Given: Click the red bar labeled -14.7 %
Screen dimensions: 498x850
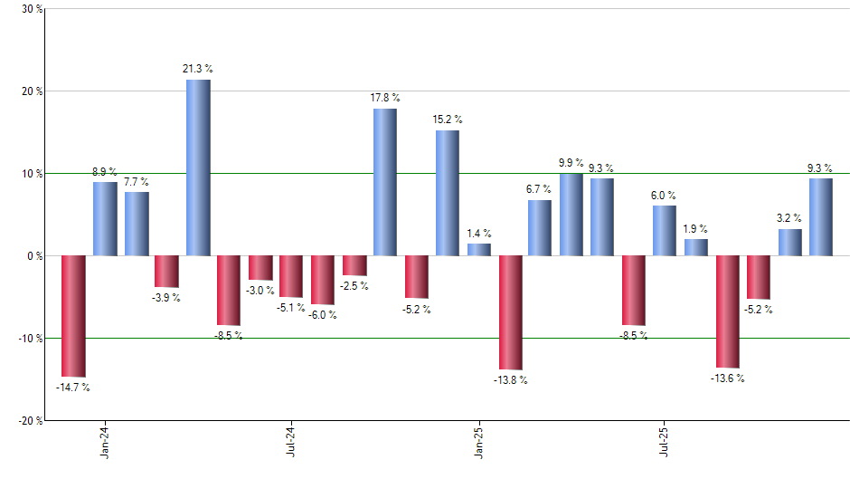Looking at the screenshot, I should point(73,315).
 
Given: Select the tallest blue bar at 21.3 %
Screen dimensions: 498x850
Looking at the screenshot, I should point(198,168).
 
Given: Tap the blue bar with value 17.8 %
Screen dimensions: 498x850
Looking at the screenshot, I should point(385,182).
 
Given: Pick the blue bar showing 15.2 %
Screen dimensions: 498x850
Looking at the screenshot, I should point(448,193).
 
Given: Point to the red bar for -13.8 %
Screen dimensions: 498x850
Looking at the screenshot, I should point(510,311).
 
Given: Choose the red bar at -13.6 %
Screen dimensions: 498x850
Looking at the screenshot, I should point(728,311).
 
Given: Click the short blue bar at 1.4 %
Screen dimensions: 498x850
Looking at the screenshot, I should point(479,250).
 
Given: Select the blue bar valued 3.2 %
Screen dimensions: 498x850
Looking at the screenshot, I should point(790,242).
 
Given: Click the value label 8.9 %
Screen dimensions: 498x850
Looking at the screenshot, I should point(105,171).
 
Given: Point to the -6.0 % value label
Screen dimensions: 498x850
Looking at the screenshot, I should point(323,315).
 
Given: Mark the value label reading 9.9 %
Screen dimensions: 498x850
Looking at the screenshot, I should point(571,162).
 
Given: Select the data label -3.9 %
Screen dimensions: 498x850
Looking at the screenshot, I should point(166,298).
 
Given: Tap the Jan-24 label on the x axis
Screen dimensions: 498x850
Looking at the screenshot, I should point(106,441).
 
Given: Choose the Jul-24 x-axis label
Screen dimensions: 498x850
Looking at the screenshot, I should point(292,441).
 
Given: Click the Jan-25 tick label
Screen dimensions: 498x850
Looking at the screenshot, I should point(479,441).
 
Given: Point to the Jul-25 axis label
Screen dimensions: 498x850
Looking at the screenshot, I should point(666,441).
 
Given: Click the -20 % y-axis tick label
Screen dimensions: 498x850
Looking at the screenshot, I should point(28,420).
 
